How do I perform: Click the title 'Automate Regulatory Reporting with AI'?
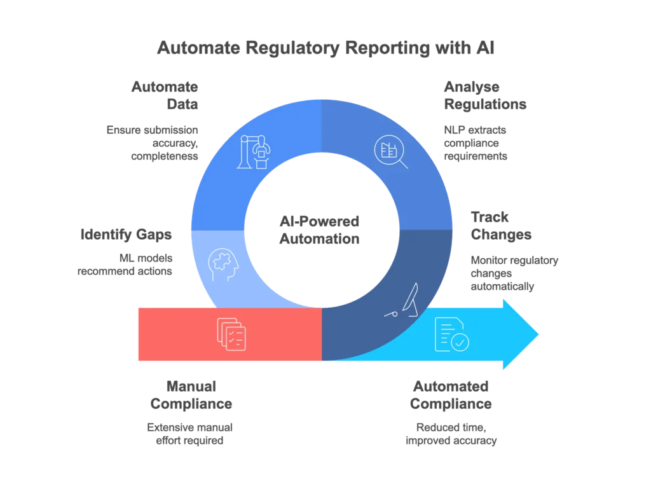325,48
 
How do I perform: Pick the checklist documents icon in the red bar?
231,334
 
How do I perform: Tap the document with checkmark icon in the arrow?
451,334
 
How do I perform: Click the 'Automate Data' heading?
164,95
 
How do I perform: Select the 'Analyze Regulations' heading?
485,95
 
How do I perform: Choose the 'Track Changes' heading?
500,226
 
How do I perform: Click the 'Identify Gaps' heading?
125,235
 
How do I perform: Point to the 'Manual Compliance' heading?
191,394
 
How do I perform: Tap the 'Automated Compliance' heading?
451,394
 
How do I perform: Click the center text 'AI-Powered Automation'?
320,230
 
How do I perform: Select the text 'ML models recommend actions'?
125,264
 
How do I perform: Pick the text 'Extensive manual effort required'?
189,434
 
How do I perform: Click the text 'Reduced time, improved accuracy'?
451,434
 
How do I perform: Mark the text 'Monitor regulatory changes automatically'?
514,273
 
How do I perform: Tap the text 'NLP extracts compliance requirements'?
476,143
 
